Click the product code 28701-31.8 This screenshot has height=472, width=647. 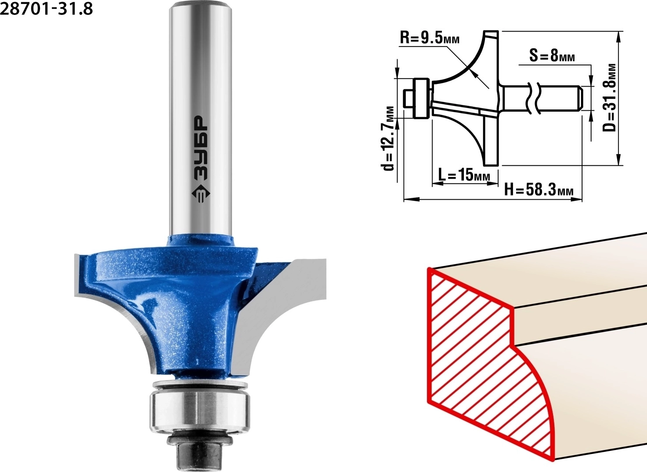pyautogui.click(x=47, y=9)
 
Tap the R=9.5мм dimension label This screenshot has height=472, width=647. pyautogui.click(x=430, y=37)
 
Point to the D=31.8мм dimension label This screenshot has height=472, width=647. pyautogui.click(x=609, y=98)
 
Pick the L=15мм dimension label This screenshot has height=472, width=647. pyautogui.click(x=464, y=174)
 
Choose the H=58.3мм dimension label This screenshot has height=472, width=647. pyautogui.click(x=539, y=190)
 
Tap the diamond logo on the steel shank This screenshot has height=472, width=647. pyautogui.click(x=201, y=194)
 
